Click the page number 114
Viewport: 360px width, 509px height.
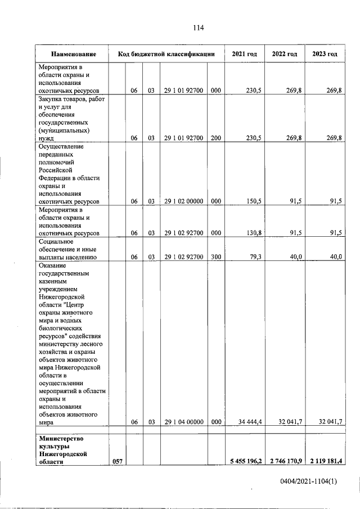197,28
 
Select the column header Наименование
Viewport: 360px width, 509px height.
73,54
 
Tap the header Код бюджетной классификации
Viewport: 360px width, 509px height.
166,54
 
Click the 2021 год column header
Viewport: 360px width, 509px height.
244,54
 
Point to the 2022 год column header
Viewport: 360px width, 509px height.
284,54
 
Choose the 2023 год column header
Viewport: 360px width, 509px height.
324,54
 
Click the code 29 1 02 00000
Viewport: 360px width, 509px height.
183,201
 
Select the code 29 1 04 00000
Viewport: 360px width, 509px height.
183,422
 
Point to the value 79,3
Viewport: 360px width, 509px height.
253,256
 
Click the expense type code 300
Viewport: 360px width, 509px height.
216,256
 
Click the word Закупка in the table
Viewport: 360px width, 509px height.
51,98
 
